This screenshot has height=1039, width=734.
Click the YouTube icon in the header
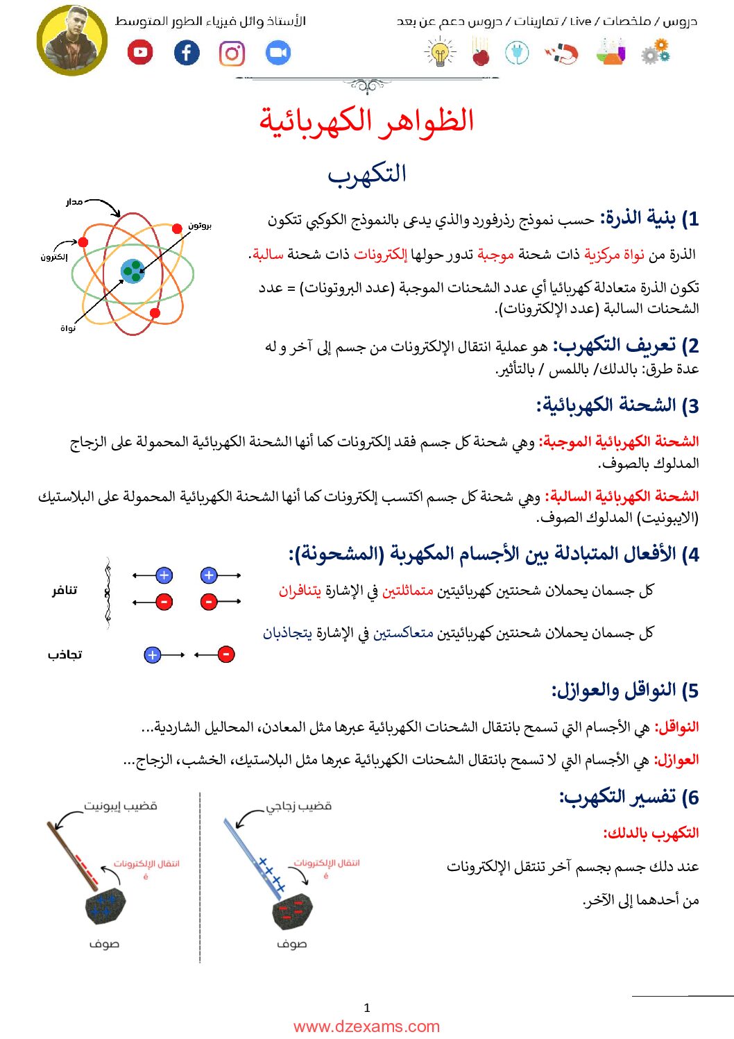click(x=140, y=53)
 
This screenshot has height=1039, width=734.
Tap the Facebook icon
click(x=186, y=53)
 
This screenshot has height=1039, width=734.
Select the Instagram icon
click(x=232, y=53)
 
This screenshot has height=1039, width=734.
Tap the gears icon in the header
click(x=655, y=52)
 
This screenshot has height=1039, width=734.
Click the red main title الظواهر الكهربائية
click(x=366, y=121)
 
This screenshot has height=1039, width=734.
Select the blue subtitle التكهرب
click(x=366, y=174)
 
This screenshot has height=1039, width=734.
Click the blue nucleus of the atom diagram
click(x=133, y=271)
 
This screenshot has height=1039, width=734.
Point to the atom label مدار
click(x=74, y=202)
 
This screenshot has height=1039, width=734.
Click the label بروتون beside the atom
click(x=200, y=226)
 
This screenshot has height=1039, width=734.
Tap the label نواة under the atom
click(x=68, y=328)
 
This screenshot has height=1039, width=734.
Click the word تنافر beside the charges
click(x=65, y=591)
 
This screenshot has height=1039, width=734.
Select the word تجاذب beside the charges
click(x=65, y=654)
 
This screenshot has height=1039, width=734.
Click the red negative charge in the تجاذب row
click(x=225, y=654)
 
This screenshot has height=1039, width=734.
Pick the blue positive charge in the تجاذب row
click(x=152, y=654)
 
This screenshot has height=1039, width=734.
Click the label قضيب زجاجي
click(x=299, y=806)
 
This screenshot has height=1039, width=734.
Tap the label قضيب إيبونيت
click(x=121, y=806)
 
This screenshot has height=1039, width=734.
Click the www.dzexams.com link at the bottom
click(x=366, y=1027)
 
